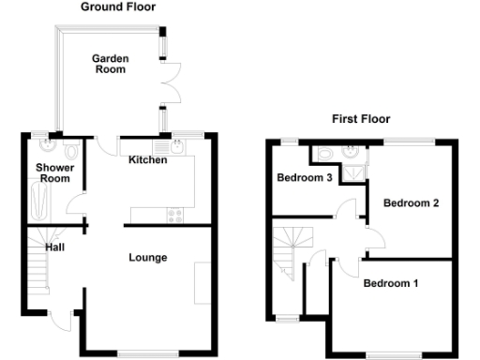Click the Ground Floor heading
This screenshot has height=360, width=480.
coord(117,7)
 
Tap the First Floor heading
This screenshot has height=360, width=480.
coord(361,119)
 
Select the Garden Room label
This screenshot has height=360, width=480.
coord(110,64)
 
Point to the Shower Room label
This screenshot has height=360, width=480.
coord(53,173)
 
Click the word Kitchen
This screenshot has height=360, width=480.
coord(148,160)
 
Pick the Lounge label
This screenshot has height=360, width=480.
coord(148,258)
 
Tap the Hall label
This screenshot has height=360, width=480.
coord(55,247)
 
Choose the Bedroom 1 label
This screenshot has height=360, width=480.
coord(391,283)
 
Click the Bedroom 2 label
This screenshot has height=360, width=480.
coord(411,202)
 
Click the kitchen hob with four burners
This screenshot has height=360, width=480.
coord(174,216)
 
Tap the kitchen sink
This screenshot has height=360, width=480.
coord(176,147)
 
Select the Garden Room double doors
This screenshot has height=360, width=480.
coord(169,86)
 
